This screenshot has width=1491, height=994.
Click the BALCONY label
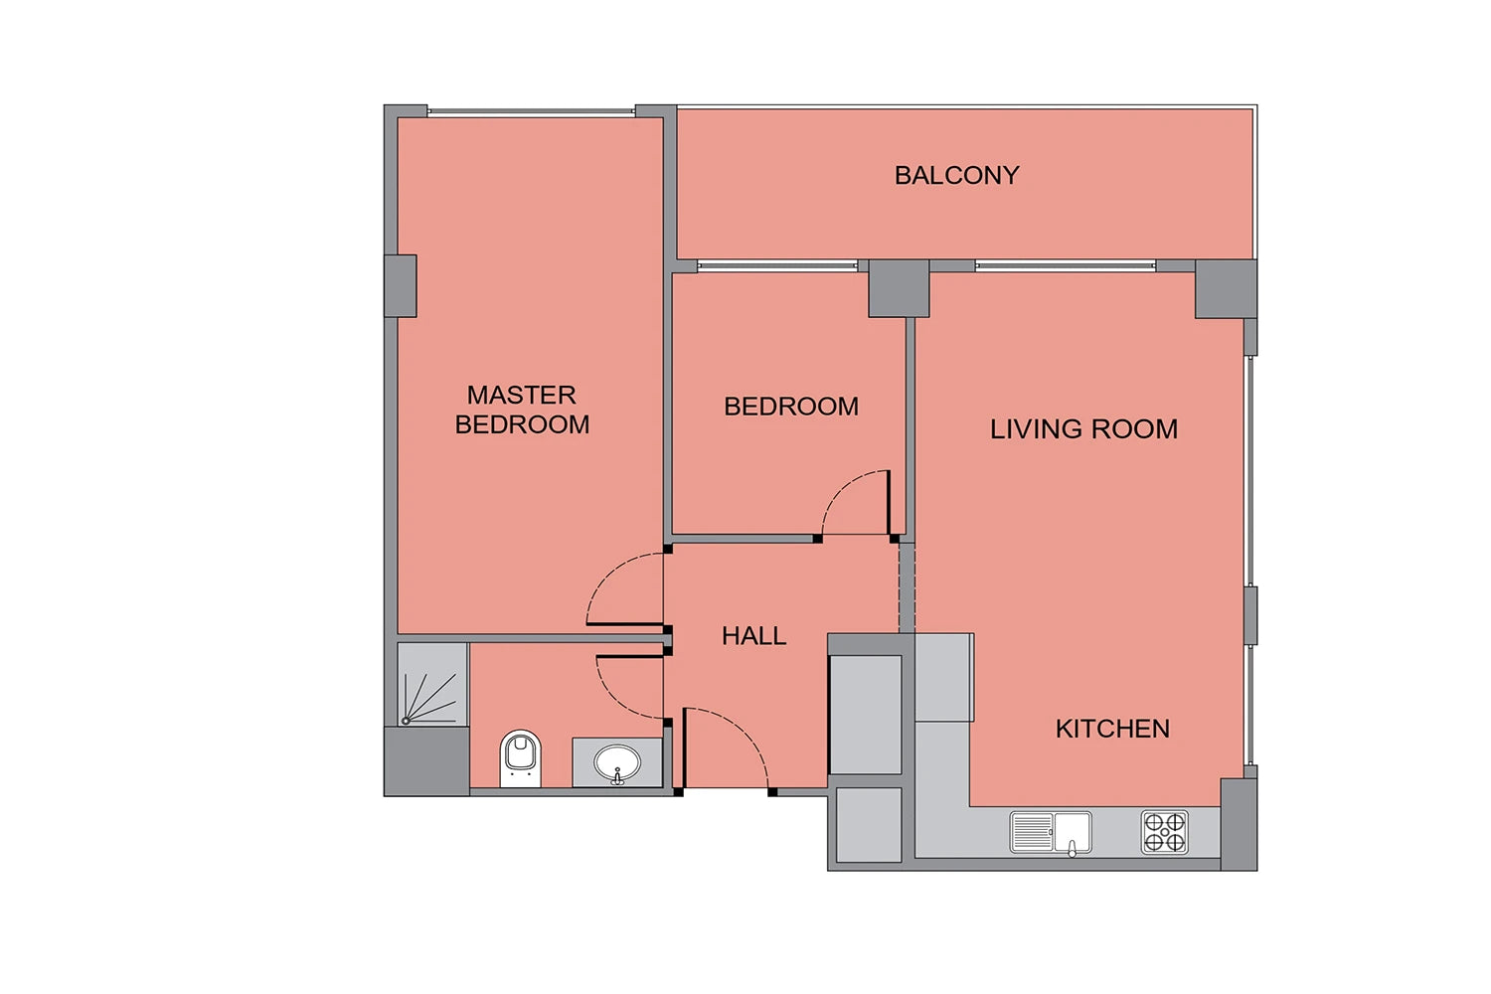coord(956,176)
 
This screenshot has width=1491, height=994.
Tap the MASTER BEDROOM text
coord(522,410)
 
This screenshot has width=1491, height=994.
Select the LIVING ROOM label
coord(1083,429)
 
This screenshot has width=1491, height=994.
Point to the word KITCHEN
coord(1112,729)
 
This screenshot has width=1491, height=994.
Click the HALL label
coord(754,636)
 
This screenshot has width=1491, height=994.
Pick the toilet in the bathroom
coord(521,758)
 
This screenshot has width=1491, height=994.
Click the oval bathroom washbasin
coord(617,763)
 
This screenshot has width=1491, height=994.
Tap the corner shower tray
coord(432,685)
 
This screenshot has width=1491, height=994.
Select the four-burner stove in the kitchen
coord(1164,832)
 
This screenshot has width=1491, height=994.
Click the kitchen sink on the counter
coord(1051,832)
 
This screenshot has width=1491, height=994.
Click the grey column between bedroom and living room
coord(899,288)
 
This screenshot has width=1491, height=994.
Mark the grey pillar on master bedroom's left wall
coord(401,285)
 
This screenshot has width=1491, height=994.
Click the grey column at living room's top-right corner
coord(1226,289)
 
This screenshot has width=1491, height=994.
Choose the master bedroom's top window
coord(531,112)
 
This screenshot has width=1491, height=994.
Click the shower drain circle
coord(406,721)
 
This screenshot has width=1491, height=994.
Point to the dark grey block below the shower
coord(426,761)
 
